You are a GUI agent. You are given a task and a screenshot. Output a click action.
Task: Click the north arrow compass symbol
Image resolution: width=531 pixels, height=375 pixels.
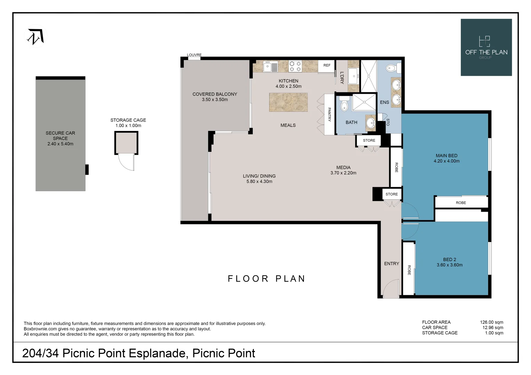[x=35, y=36]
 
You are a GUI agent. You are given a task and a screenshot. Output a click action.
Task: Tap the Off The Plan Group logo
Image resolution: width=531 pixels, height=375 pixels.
[x=486, y=47]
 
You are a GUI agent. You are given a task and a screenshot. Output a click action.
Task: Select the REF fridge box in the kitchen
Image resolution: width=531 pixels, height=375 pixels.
[x=326, y=66]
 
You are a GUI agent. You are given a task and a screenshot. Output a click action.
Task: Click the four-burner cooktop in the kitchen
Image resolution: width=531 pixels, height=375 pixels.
[x=295, y=66]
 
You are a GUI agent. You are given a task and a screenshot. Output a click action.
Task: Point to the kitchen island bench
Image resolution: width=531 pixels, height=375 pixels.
[x=288, y=102]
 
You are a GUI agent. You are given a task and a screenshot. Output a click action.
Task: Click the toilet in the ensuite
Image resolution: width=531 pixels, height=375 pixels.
[x=393, y=68]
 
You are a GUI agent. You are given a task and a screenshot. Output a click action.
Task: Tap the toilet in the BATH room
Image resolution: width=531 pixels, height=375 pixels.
[x=344, y=104]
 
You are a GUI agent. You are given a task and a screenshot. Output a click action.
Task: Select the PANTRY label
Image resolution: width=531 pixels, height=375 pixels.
[x=329, y=115]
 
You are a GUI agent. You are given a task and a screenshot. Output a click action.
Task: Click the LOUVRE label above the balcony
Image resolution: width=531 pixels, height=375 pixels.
[x=194, y=55]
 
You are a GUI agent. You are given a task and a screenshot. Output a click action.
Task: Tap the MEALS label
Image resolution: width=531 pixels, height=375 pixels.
[x=288, y=125]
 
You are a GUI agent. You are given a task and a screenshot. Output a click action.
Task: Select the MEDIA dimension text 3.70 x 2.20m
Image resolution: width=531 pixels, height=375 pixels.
[x=343, y=173]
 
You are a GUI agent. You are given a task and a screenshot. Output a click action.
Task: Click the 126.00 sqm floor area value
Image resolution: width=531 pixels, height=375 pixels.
[x=491, y=322]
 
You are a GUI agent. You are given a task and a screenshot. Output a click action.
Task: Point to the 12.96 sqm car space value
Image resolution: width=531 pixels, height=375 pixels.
[x=493, y=328]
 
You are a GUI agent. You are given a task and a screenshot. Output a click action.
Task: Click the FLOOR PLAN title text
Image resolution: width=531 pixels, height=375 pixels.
[x=266, y=278]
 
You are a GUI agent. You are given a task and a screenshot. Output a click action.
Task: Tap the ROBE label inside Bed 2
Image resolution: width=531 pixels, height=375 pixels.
[x=409, y=270]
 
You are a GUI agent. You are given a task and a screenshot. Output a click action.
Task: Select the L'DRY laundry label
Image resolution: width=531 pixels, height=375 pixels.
[x=342, y=78]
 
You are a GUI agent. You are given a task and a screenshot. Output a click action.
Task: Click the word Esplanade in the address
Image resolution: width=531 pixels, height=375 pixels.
[x=158, y=353]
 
